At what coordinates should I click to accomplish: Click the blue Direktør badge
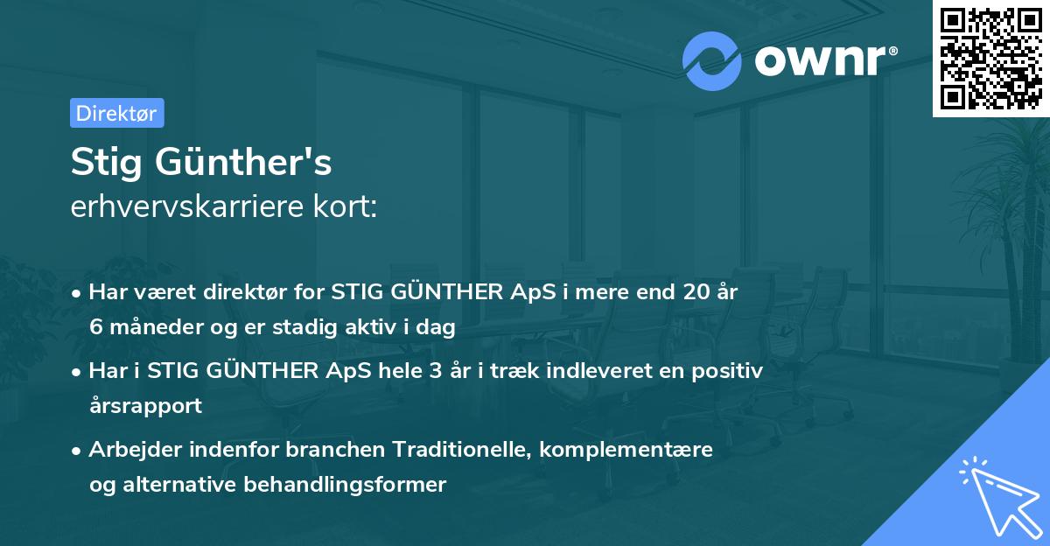[116, 113]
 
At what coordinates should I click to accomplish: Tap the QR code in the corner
[990, 58]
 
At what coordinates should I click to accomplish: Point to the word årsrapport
[145, 406]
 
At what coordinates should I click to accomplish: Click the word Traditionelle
[461, 450]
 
